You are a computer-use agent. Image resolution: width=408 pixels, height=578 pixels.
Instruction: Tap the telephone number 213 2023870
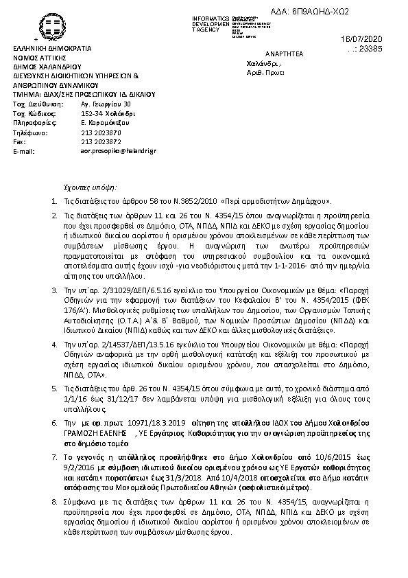[101, 132]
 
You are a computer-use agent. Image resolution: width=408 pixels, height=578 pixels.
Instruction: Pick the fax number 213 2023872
[101, 141]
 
